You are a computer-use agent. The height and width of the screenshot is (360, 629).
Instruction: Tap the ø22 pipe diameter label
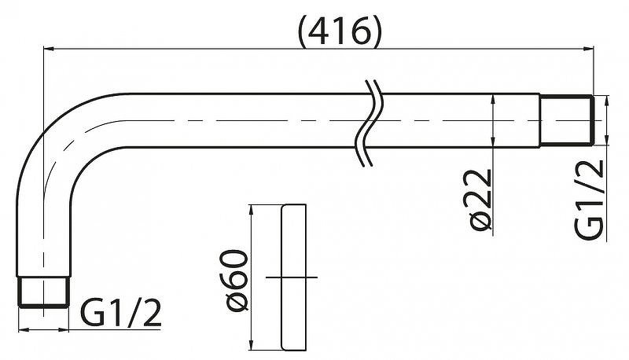tap(480, 200)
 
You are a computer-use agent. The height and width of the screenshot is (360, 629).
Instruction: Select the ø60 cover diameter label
tap(237, 281)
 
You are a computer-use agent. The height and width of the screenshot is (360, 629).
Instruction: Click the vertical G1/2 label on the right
tap(589, 199)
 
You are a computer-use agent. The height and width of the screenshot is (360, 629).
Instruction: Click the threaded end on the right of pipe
tap(566, 119)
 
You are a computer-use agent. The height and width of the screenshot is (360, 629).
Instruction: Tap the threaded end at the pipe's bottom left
tap(43, 292)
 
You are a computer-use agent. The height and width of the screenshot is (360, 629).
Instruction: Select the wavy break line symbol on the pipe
tap(369, 123)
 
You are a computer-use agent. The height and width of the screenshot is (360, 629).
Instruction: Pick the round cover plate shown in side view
tap(293, 277)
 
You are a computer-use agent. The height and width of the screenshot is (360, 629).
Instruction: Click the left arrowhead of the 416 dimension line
tap(48, 49)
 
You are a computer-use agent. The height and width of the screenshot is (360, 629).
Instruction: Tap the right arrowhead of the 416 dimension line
tap(588, 49)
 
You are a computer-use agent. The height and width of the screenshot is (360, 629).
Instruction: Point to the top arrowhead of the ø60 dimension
tap(251, 210)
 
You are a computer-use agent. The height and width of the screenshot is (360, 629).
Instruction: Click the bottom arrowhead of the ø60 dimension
tap(251, 345)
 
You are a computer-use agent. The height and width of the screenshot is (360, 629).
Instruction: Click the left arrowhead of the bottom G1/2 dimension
tap(24, 329)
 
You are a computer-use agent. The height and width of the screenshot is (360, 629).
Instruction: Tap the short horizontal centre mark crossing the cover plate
tap(292, 277)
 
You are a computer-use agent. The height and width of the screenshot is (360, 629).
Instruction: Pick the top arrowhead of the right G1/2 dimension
tap(606, 101)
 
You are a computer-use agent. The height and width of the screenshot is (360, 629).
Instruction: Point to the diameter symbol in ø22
tap(480, 222)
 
